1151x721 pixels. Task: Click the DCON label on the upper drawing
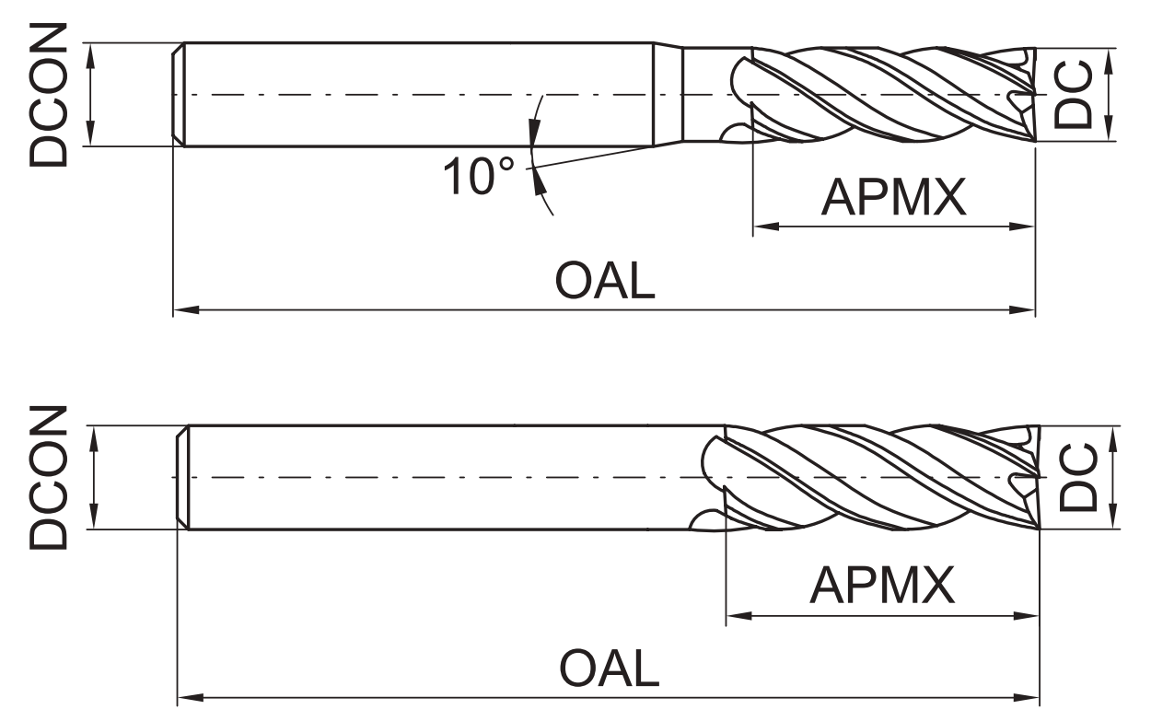point(48,95)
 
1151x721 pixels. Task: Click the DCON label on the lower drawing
point(48,477)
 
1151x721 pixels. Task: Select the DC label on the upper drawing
point(1073,94)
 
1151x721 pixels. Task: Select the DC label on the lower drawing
point(1077,477)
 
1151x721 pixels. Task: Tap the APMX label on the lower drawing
point(882,585)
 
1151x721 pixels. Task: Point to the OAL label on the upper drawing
point(605,281)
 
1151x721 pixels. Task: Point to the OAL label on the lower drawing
point(610,669)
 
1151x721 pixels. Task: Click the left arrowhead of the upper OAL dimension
point(185,310)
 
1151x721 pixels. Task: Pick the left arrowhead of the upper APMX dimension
point(765,226)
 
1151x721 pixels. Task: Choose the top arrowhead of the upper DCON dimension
point(90,54)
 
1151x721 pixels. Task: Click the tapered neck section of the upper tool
point(668,95)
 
